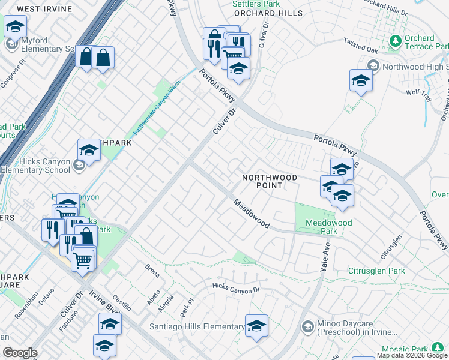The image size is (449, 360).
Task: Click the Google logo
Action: pos(20,353)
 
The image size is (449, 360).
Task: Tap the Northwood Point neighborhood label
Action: pos(270,182)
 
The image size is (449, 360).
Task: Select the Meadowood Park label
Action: pos(328,227)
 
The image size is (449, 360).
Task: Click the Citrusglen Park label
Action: pos(376,271)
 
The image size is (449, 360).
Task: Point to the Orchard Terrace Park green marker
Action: pos(395,41)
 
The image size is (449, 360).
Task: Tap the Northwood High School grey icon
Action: pos(373,66)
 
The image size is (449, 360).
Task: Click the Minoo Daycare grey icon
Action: pos(308,326)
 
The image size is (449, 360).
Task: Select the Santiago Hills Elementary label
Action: pos(196,326)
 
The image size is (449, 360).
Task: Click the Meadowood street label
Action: pos(252,213)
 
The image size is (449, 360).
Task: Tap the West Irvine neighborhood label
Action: pos(44,9)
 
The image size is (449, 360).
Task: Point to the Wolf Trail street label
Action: pos(418,92)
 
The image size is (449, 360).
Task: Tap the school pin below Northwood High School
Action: pos(361,81)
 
